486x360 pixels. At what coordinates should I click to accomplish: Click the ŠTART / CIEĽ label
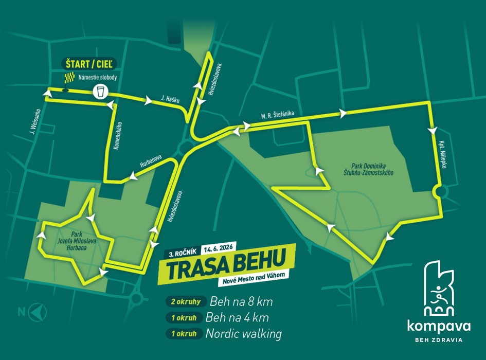point(90,64)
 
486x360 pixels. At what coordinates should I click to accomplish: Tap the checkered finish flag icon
point(68,78)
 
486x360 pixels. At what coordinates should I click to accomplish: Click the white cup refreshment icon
point(100,92)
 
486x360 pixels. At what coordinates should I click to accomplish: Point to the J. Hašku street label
point(170,98)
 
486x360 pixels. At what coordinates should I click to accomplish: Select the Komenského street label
point(119,135)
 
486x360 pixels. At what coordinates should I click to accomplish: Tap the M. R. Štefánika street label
point(277,116)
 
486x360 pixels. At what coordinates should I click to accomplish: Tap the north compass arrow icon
point(38,311)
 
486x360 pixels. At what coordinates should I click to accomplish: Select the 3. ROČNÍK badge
point(181,254)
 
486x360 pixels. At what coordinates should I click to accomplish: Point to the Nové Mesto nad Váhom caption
point(253,282)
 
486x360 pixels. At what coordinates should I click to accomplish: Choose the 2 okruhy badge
point(185,301)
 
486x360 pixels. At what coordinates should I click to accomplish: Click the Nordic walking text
point(243,334)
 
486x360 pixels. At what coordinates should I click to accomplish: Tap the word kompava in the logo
point(438,326)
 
